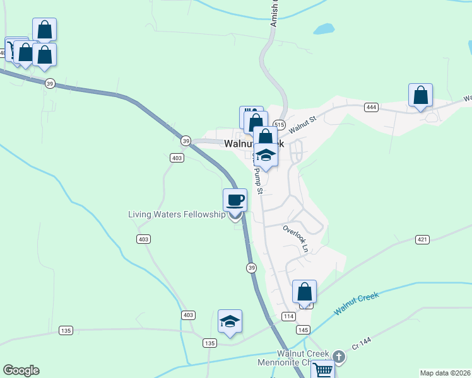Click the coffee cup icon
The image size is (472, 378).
point(235,200)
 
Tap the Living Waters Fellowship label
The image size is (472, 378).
point(177,214)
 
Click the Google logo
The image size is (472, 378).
point(21,370)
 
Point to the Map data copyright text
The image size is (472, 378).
point(445,373)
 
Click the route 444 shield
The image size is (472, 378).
point(371,108)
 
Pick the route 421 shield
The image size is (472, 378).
point(423,239)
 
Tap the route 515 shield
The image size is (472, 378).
point(280,124)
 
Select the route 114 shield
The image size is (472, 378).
point(288,316)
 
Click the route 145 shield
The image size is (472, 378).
point(303,330)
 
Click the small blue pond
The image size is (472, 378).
point(324,29)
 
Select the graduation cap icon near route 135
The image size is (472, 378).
point(230,321)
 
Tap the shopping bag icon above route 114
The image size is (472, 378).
point(304,292)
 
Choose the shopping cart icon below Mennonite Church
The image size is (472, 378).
point(322,370)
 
